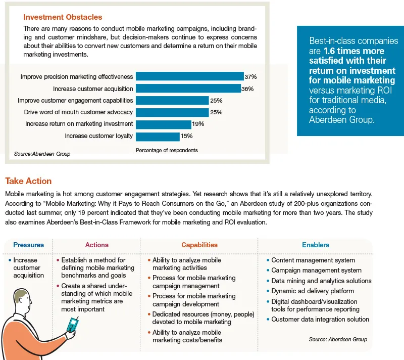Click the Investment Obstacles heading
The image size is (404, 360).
(63, 17)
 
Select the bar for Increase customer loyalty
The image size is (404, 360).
(158, 137)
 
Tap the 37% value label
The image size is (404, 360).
(250, 76)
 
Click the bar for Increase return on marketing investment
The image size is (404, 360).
(164, 124)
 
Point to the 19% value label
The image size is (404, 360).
(198, 124)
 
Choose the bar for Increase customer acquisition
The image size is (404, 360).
(188, 88)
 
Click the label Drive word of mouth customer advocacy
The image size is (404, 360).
(78, 112)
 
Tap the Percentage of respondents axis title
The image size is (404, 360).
(167, 150)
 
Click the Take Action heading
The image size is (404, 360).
(28, 181)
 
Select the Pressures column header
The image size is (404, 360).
(29, 245)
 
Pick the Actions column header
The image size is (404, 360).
(97, 245)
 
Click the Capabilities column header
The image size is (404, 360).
(199, 245)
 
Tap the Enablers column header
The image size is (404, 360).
(316, 245)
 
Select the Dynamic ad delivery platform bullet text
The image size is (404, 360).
(313, 291)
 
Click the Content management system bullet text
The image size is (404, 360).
(313, 260)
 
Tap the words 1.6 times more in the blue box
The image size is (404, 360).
(354, 51)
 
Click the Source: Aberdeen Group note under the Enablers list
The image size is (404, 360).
(338, 339)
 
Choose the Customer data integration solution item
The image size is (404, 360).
(320, 319)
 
